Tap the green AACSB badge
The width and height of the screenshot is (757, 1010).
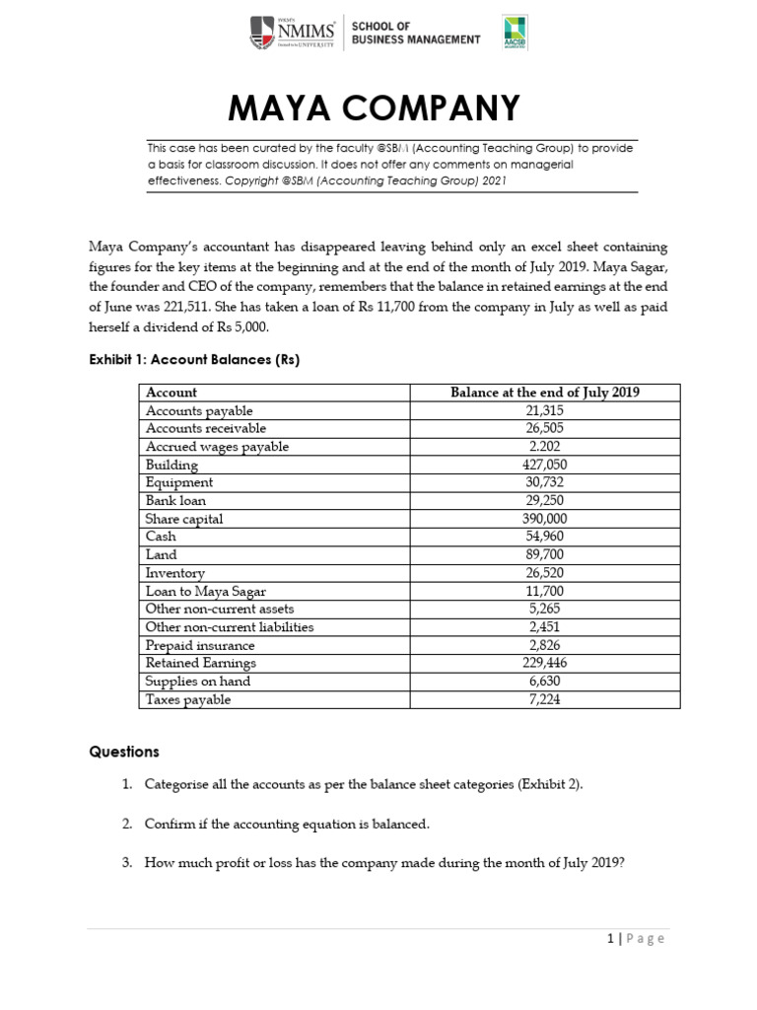[x=514, y=33]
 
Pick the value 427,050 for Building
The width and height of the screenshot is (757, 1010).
[x=544, y=465]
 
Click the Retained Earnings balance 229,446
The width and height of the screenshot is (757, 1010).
[x=544, y=663]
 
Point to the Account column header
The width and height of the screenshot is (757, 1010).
[x=172, y=393]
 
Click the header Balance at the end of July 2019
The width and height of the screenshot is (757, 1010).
[x=544, y=393]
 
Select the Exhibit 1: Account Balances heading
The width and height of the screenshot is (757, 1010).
[x=193, y=360]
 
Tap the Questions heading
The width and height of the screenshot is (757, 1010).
[x=123, y=752]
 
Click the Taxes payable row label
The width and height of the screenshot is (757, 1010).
[x=187, y=699]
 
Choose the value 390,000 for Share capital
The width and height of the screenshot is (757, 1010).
[x=544, y=519]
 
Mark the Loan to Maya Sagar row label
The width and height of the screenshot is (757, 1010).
[x=202, y=591]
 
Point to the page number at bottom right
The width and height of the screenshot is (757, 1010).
[x=636, y=938]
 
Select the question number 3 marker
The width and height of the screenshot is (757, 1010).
[x=126, y=862]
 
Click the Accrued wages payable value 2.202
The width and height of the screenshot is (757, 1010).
[x=544, y=447]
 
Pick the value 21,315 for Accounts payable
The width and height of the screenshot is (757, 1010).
[x=544, y=410]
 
